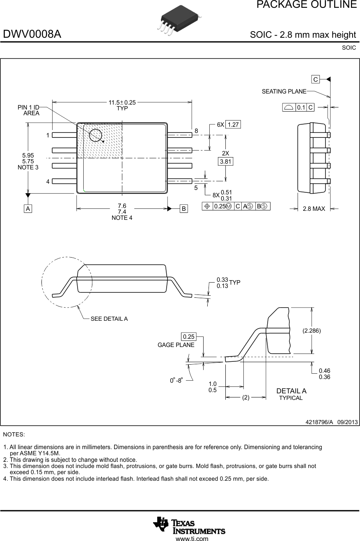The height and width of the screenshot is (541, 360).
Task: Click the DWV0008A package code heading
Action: (x=32, y=34)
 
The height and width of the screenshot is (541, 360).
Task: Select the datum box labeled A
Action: (x=28, y=208)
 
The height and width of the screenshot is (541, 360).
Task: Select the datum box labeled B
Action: (x=183, y=208)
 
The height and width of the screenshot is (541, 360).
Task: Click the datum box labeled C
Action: (x=315, y=79)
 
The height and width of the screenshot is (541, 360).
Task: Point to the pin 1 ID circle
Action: (x=96, y=135)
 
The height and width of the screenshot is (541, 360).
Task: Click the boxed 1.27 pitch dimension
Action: (x=233, y=125)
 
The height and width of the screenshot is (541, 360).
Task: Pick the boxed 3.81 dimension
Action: (x=225, y=162)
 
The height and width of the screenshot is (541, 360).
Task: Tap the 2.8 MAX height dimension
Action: (x=314, y=209)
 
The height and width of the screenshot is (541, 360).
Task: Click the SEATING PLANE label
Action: (x=284, y=91)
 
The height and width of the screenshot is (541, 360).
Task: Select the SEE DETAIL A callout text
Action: (x=109, y=319)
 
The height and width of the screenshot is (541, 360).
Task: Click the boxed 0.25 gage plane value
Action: (x=188, y=337)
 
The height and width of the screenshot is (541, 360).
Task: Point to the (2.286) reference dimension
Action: (x=312, y=330)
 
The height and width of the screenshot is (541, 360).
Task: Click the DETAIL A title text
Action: (x=291, y=391)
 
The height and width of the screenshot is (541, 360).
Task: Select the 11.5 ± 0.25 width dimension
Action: (x=122, y=103)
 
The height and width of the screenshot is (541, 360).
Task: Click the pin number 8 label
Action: (x=196, y=131)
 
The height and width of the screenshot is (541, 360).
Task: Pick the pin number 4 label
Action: (x=48, y=181)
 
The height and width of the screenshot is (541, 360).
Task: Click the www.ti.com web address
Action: (x=192, y=539)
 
